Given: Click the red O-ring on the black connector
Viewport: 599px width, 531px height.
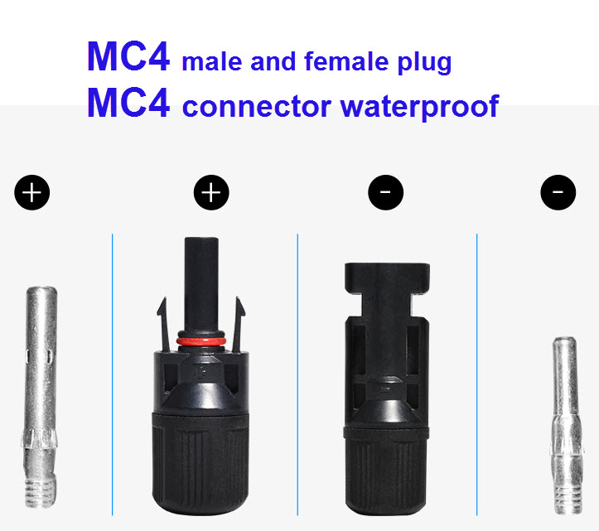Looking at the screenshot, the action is pyautogui.click(x=201, y=341).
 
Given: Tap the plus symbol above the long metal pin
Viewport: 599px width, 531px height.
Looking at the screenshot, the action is pyautogui.click(x=32, y=192).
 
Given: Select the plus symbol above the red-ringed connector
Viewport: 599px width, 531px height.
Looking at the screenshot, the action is pyautogui.click(x=211, y=192).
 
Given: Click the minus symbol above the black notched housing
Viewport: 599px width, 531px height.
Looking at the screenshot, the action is pyautogui.click(x=385, y=192).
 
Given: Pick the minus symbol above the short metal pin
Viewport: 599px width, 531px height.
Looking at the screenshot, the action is pyautogui.click(x=558, y=192).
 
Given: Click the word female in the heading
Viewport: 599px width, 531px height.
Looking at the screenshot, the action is pyautogui.click(x=346, y=61).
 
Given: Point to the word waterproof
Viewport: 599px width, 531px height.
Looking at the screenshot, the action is pyautogui.click(x=419, y=106).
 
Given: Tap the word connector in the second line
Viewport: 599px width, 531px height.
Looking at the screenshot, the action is pyautogui.click(x=257, y=107).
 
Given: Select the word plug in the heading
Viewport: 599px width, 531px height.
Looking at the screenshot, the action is pyautogui.click(x=424, y=63).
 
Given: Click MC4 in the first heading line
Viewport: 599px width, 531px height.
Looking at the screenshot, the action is pyautogui.click(x=128, y=56).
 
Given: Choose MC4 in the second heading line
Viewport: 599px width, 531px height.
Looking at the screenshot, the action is pyautogui.click(x=128, y=102).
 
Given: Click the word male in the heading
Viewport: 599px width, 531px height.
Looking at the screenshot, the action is pyautogui.click(x=212, y=61).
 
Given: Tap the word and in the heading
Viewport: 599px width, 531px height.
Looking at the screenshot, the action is pyautogui.click(x=273, y=61).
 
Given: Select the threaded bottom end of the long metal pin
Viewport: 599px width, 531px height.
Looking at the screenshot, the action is pyautogui.click(x=40, y=492).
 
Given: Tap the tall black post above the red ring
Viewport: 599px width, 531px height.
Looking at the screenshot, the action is pyautogui.click(x=201, y=282).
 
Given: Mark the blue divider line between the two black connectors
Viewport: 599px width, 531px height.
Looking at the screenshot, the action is pyautogui.click(x=297, y=374).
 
